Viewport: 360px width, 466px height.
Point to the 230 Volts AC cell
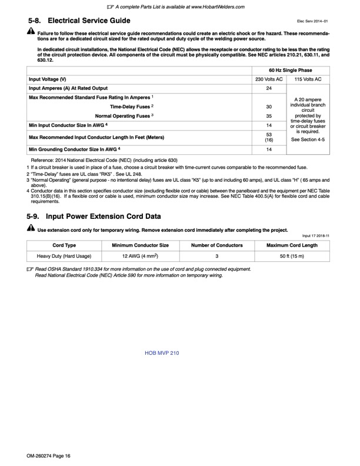(269, 79)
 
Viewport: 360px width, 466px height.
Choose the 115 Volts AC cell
(308, 79)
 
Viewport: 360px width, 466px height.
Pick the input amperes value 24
(269, 88)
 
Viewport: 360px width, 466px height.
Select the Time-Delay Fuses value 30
(269, 107)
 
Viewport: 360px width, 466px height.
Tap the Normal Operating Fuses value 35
(269, 116)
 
